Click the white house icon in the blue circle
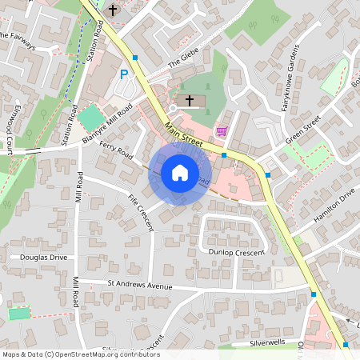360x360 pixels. pos(179,172)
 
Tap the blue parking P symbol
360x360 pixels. pos(124,74)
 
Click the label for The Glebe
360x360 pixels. pos(182,64)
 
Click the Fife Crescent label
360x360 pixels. pos(139,213)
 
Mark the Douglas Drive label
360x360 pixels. pos(44,258)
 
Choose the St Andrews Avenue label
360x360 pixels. pos(140,285)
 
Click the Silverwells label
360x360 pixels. pos(267,342)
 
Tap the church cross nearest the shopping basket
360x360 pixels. pos(190,100)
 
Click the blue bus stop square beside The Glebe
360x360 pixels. pos(135,58)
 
